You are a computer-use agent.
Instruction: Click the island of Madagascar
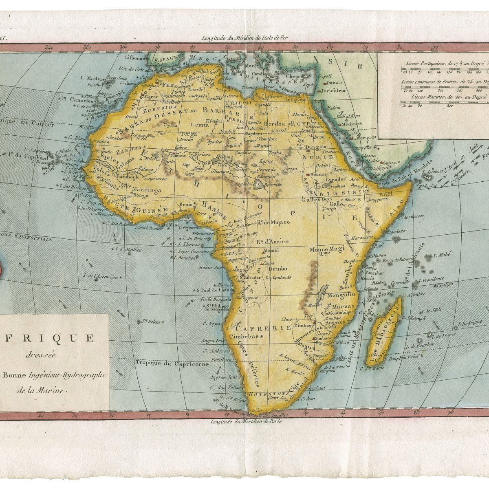pos(385,334)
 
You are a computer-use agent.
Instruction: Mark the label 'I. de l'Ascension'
pos(101,277)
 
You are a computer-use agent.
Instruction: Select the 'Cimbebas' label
pos(244,337)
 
